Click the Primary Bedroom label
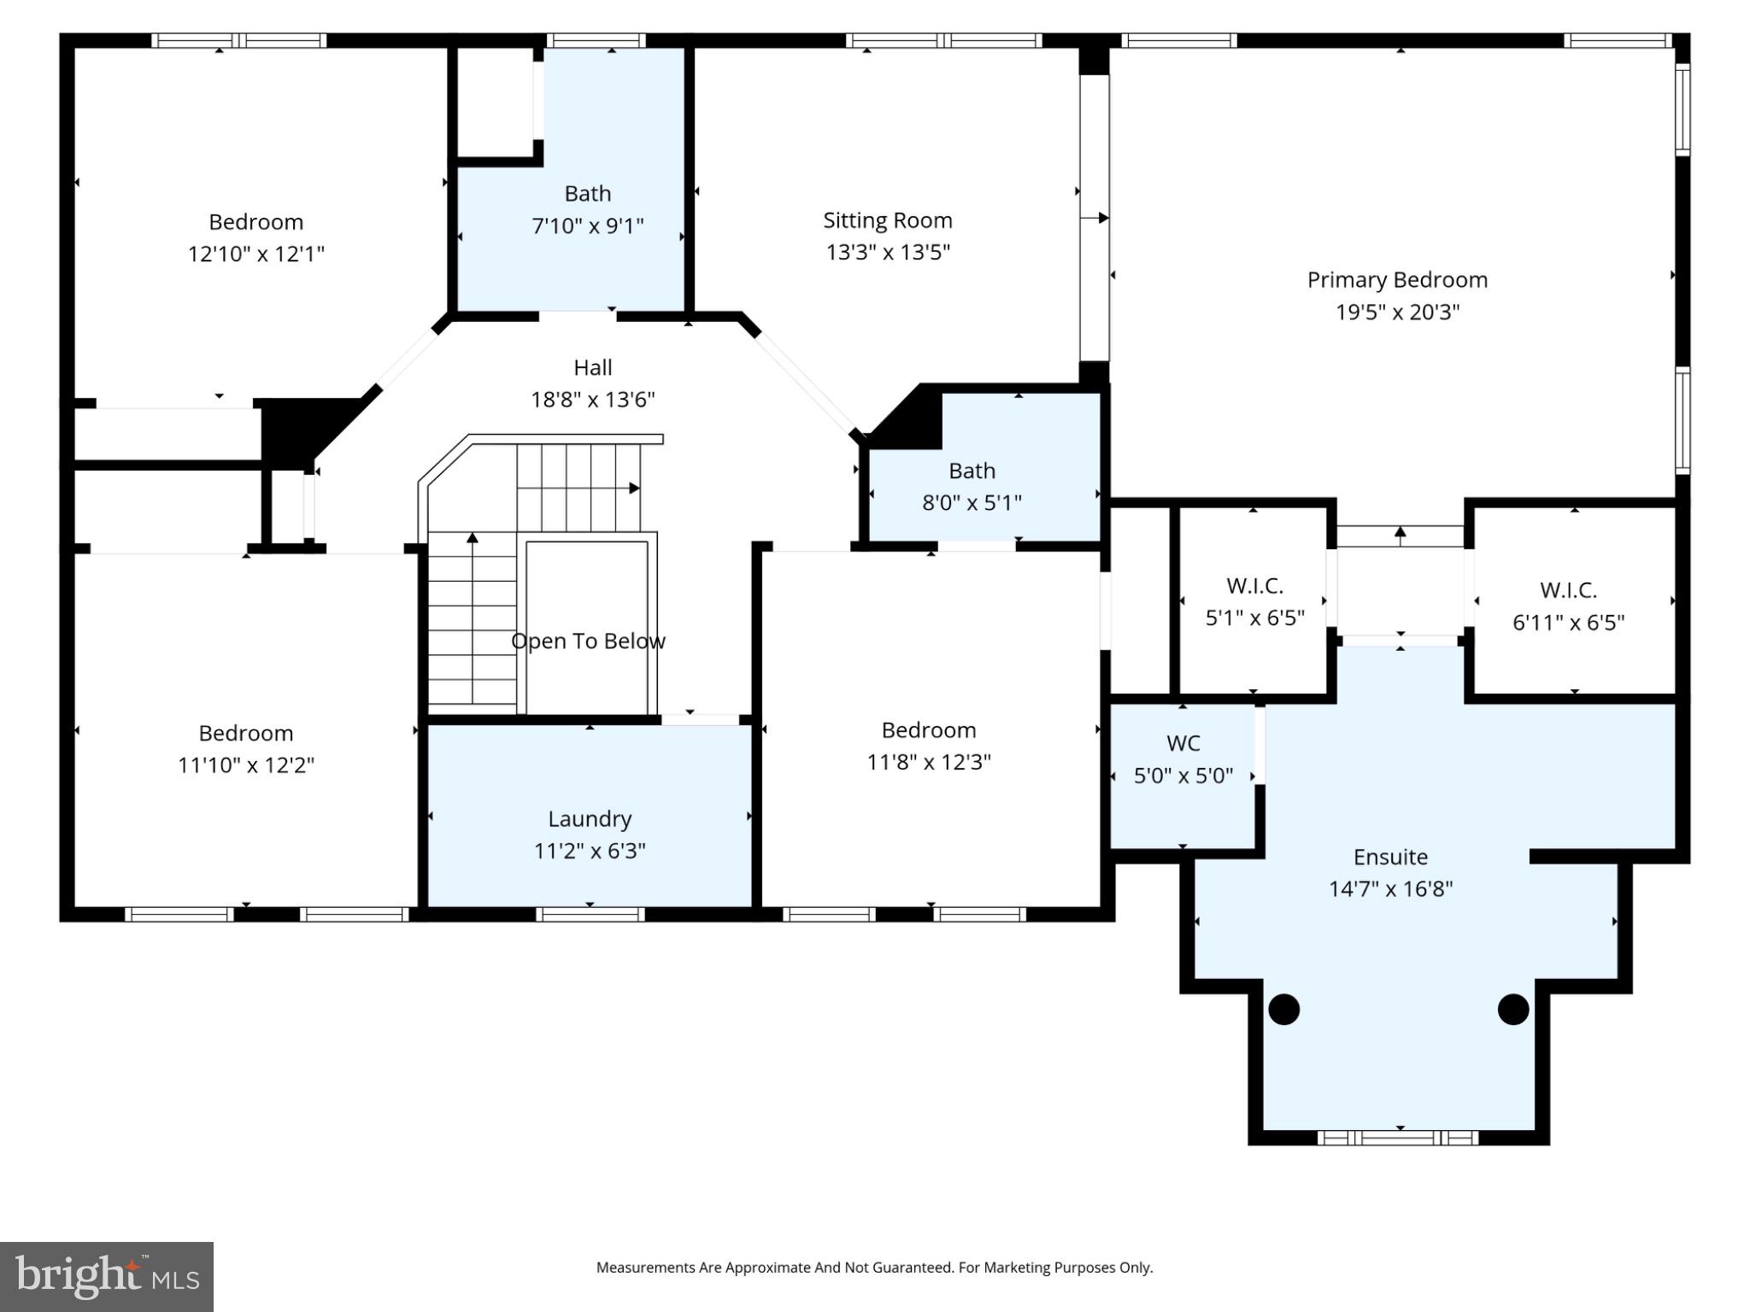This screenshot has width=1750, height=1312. [1397, 280]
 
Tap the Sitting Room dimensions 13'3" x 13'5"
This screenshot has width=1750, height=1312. [888, 252]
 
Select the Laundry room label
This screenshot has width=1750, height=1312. [590, 819]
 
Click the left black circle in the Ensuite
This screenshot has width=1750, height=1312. [1283, 1010]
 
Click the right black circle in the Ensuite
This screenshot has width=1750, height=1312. [1513, 1010]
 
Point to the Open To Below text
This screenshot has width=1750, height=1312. [588, 641]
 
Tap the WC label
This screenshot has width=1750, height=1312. [1183, 743]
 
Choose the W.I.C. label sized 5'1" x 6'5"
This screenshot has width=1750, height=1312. [1254, 586]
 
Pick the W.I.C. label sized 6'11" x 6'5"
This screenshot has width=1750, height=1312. [1568, 590]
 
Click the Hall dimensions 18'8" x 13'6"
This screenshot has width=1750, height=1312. [592, 400]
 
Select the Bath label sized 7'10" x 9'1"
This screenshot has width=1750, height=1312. [588, 194]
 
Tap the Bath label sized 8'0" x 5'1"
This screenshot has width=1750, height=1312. [972, 471]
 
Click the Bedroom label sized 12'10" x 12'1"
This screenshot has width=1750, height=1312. [255, 222]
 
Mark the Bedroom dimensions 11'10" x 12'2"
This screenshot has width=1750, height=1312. [246, 765]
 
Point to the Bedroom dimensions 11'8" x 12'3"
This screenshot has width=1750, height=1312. [929, 762]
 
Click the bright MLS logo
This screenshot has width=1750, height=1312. [107, 1277]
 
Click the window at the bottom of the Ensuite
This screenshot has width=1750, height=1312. [1398, 1138]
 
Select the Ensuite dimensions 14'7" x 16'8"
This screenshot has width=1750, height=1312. [1390, 889]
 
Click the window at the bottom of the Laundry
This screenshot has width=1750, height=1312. [590, 915]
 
